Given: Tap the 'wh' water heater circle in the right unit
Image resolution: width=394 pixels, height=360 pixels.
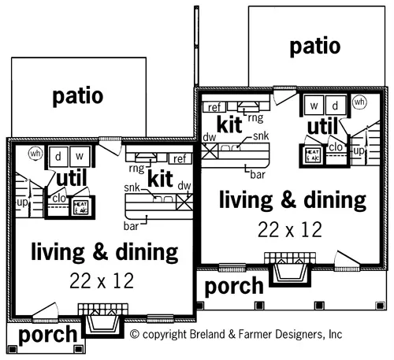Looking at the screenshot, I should click(359, 102).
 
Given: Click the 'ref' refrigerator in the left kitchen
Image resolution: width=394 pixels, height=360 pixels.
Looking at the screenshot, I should click(178, 158).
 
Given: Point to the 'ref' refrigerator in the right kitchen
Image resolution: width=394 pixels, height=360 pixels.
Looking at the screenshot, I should click(213, 107).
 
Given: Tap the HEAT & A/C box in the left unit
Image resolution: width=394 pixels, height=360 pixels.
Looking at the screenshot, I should click(81, 206).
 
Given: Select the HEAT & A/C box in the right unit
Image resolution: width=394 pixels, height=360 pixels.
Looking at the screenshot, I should click(312, 154).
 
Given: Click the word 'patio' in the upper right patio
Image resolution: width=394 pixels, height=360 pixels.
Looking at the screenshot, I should click(314, 46).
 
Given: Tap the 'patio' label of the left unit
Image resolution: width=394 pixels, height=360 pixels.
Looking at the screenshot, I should click(77, 96).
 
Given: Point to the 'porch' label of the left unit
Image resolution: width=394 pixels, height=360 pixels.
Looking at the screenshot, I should click(47, 335).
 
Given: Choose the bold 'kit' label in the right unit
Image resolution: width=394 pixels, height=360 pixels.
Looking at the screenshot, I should click(229, 124).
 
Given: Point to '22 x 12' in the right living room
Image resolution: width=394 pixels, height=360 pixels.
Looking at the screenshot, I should click(290, 229).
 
